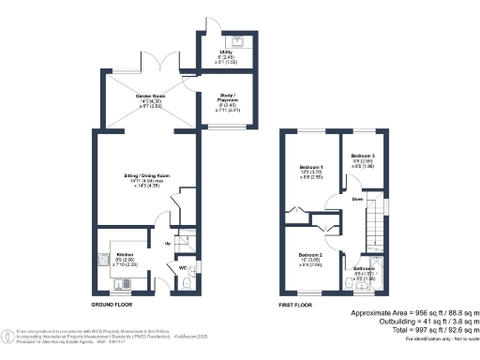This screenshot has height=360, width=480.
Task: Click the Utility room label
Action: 225,52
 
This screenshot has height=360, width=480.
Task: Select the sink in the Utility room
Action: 236,41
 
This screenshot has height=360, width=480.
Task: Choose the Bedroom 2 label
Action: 310,256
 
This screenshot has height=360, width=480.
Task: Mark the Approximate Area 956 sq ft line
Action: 414,311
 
